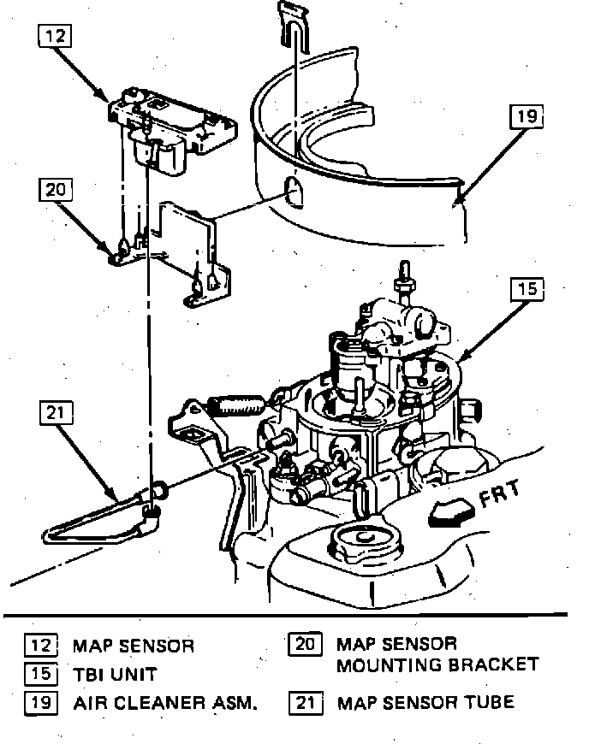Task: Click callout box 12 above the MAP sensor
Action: pyautogui.click(x=55, y=37)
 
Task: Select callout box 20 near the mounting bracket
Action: pyautogui.click(x=55, y=191)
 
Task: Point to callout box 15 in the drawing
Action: pyautogui.click(x=527, y=290)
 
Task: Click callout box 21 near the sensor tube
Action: pyautogui.click(x=55, y=413)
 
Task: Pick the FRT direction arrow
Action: pyautogui.click(x=450, y=512)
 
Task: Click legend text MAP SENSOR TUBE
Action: pyautogui.click(x=425, y=703)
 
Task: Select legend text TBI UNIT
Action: pyautogui.click(x=115, y=674)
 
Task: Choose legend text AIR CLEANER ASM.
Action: pyautogui.click(x=165, y=704)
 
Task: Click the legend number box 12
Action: pyautogui.click(x=41, y=645)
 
